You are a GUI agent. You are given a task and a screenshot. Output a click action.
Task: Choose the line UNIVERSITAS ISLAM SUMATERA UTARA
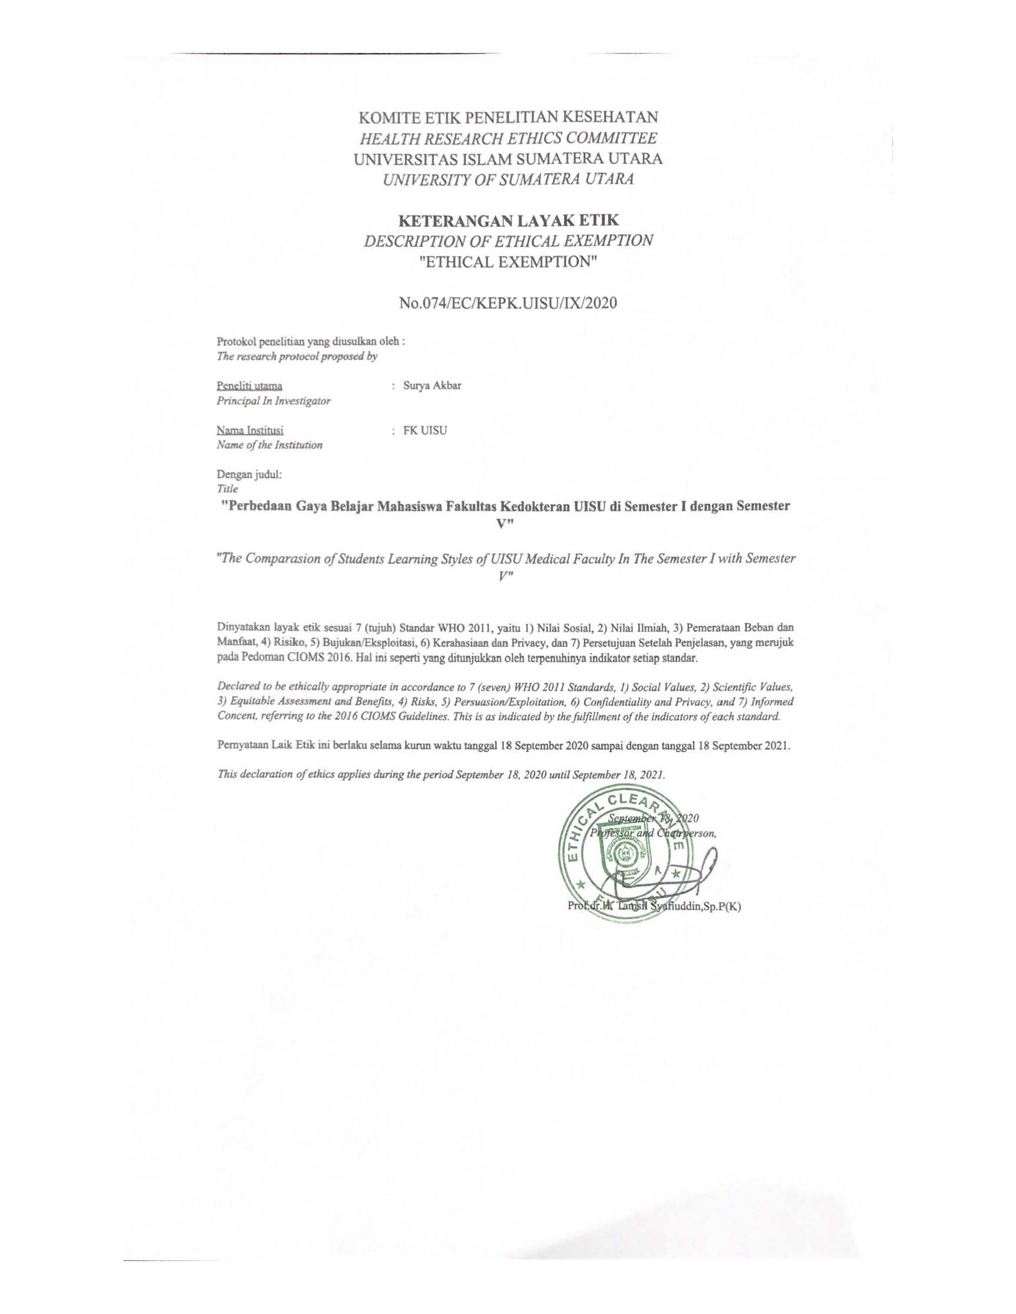coord(509,159)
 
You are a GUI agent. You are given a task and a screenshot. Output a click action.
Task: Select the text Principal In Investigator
coord(273,401)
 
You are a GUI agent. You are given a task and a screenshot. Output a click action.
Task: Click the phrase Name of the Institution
coord(269,446)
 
